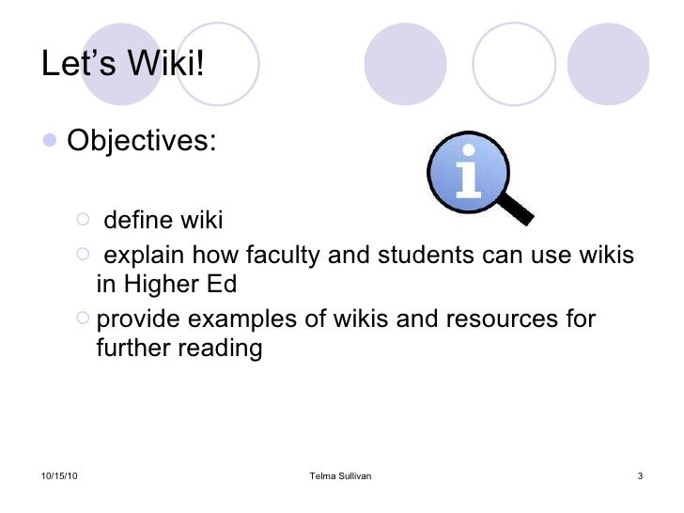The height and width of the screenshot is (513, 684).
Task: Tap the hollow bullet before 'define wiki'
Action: pos(83,220)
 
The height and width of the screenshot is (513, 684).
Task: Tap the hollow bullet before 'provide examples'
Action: pos(83,319)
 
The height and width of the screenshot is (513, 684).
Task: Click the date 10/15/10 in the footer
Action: pos(60,477)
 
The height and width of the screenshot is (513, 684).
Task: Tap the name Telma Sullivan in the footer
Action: pos(340,477)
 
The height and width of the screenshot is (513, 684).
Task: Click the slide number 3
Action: pos(639,477)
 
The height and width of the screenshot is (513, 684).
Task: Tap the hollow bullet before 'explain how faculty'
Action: pos(83,255)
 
